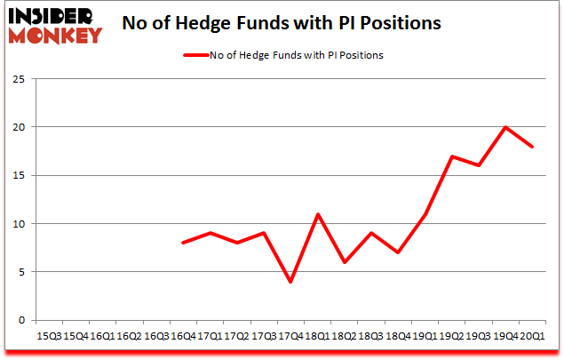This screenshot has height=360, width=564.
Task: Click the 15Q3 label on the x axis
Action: click(49, 336)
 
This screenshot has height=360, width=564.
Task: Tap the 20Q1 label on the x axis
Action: click(532, 336)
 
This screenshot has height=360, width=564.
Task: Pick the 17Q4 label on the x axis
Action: click(290, 336)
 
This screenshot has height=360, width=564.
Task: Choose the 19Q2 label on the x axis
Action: click(452, 336)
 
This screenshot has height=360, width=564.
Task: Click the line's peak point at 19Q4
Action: click(505, 127)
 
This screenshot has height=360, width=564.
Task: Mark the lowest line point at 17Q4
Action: click(290, 282)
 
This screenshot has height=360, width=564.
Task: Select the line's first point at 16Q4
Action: click(183, 243)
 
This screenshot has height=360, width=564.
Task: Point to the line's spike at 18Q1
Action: click(317, 214)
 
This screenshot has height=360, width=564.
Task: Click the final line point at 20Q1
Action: click(532, 147)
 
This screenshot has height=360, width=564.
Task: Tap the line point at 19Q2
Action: click(452, 156)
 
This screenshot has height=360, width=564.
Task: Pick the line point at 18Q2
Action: click(345, 262)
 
